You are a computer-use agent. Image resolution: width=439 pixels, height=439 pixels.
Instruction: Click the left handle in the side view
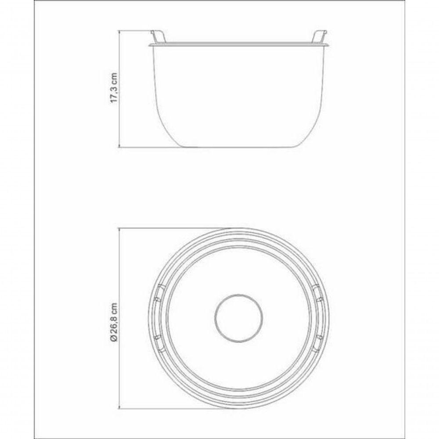pos(158,37)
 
